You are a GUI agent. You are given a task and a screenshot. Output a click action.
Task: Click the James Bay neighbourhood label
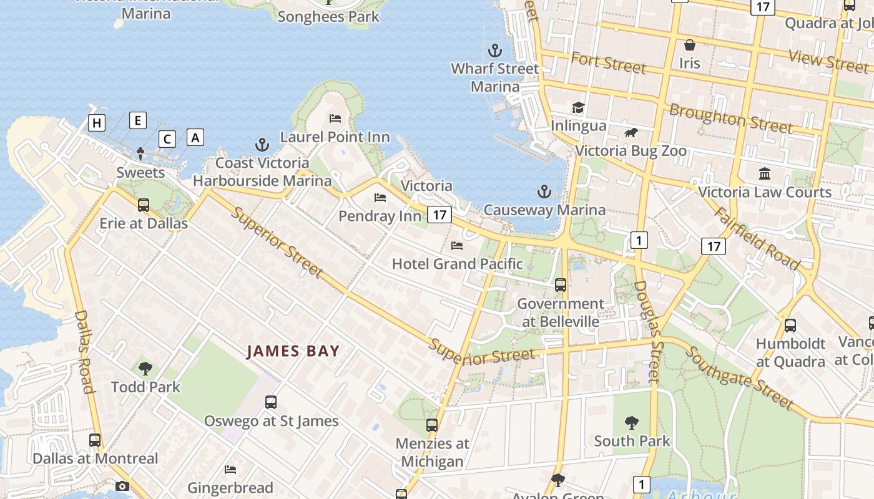pos(293,351)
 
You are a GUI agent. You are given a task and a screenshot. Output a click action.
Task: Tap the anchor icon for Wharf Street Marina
pos(495,50)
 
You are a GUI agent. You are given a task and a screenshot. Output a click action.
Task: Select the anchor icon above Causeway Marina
pos(544,191)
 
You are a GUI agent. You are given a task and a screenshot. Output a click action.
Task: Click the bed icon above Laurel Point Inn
pos(335,118)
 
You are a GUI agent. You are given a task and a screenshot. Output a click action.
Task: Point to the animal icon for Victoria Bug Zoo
pos(631,132)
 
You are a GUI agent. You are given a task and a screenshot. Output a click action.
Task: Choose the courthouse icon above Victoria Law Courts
pos(765,173)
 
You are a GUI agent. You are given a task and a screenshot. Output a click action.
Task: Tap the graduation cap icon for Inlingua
pos(578,107)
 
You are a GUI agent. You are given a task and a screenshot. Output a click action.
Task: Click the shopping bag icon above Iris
pos(690,45)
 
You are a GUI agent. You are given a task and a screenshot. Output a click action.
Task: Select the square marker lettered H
pos(97,123)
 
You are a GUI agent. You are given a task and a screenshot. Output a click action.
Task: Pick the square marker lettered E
pos(138,120)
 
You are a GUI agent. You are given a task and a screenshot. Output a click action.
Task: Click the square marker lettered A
pos(195,137)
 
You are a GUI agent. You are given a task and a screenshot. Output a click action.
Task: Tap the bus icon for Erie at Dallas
pos(144,205)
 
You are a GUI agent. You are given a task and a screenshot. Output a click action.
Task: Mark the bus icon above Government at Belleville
pos(561,285)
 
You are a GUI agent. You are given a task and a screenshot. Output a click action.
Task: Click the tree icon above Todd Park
pos(145,369)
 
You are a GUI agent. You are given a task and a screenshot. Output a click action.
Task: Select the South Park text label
pos(632,441)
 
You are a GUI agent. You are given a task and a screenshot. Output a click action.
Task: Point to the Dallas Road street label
pos(84,352)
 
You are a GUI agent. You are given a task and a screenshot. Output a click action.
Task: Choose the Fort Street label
pos(608,63)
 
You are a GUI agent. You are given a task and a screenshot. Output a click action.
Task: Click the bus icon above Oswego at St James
pos(271,402)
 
